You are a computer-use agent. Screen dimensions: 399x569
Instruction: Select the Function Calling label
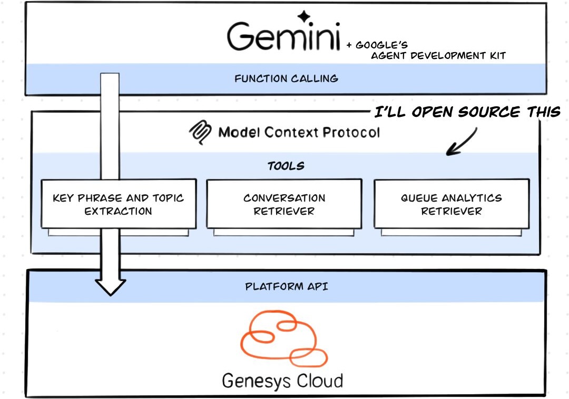[286, 79]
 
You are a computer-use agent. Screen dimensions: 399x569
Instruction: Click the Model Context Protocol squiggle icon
[201, 133]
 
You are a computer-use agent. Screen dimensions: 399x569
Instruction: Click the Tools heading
[286, 166]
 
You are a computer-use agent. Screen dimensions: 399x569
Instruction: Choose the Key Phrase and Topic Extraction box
[118, 204]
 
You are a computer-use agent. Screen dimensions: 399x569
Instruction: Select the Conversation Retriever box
[284, 204]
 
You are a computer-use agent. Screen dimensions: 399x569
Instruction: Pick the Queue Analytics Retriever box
[452, 204]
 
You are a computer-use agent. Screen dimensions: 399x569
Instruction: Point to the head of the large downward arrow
[110, 287]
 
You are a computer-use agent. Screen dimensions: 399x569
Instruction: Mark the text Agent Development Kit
[438, 56]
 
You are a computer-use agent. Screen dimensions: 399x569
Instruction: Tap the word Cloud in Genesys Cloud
[319, 380]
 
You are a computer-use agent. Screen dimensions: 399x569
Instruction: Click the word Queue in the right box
[418, 198]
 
